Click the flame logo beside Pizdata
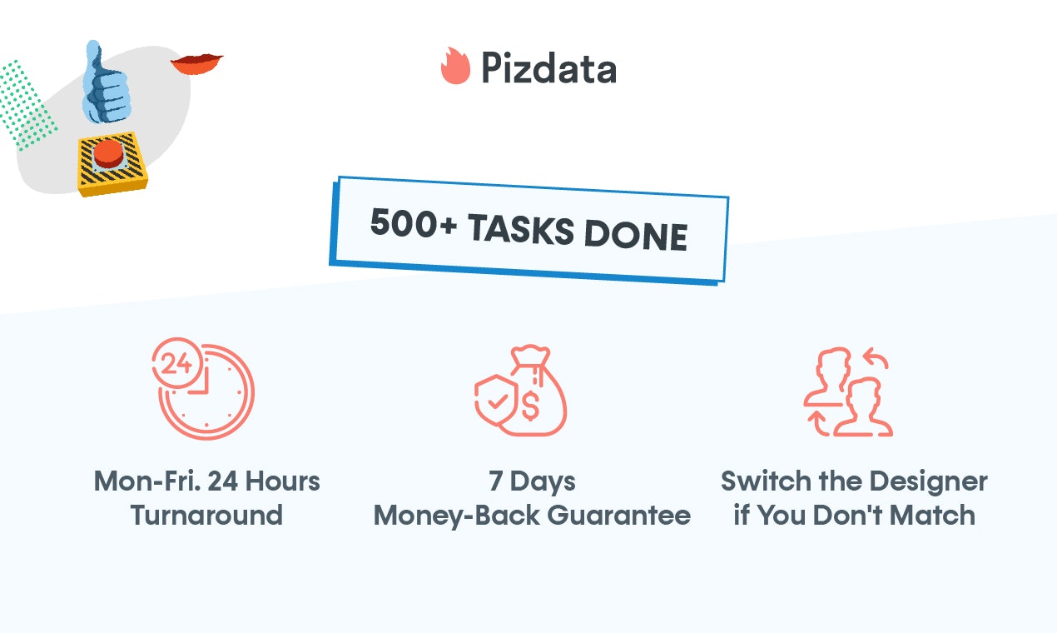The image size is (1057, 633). click(x=455, y=66)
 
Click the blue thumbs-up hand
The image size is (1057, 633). click(x=107, y=83)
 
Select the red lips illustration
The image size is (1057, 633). click(x=196, y=63)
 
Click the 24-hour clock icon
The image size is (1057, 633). click(x=205, y=388)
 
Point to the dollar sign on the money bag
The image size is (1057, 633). click(x=531, y=407)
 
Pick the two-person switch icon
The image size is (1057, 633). click(x=847, y=391)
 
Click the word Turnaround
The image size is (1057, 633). click(x=206, y=516)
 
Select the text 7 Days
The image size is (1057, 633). click(x=532, y=481)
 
